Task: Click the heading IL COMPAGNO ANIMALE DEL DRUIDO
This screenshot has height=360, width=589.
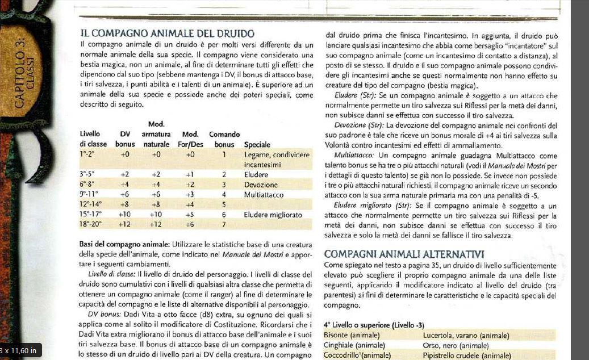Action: pos(167,34)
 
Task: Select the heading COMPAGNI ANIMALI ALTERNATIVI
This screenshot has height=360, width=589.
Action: pos(403,254)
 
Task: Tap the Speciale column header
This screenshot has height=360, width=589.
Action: pos(257,145)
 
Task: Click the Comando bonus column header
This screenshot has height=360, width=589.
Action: pos(224,140)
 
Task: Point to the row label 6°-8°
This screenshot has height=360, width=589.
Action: pos(90,185)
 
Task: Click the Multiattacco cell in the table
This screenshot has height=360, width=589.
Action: pos(264,195)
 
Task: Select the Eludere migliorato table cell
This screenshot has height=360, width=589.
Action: pos(273,215)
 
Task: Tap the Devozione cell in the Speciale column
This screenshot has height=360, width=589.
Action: pos(261,185)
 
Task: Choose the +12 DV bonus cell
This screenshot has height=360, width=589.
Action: pos(125,224)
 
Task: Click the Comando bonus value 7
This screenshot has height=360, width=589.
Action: pos(224,224)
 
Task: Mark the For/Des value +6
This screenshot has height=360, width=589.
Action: pos(190,224)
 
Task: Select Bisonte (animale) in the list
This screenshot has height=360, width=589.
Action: pos(352,336)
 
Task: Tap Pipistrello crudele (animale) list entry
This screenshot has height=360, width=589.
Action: pos(467,355)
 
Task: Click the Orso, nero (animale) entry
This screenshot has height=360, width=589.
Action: pos(456,345)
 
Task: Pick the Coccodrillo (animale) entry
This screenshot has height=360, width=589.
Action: pos(357,355)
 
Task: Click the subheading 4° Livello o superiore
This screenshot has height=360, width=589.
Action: pos(374,325)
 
